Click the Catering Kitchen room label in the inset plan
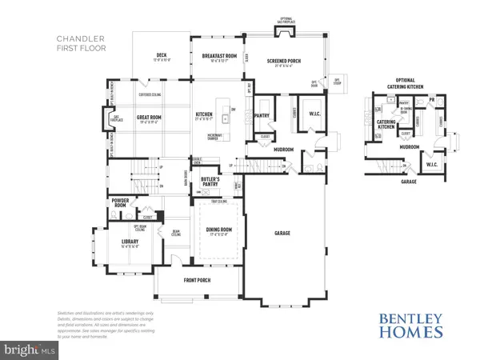click(388, 122)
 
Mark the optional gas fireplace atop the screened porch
click(284, 31)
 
